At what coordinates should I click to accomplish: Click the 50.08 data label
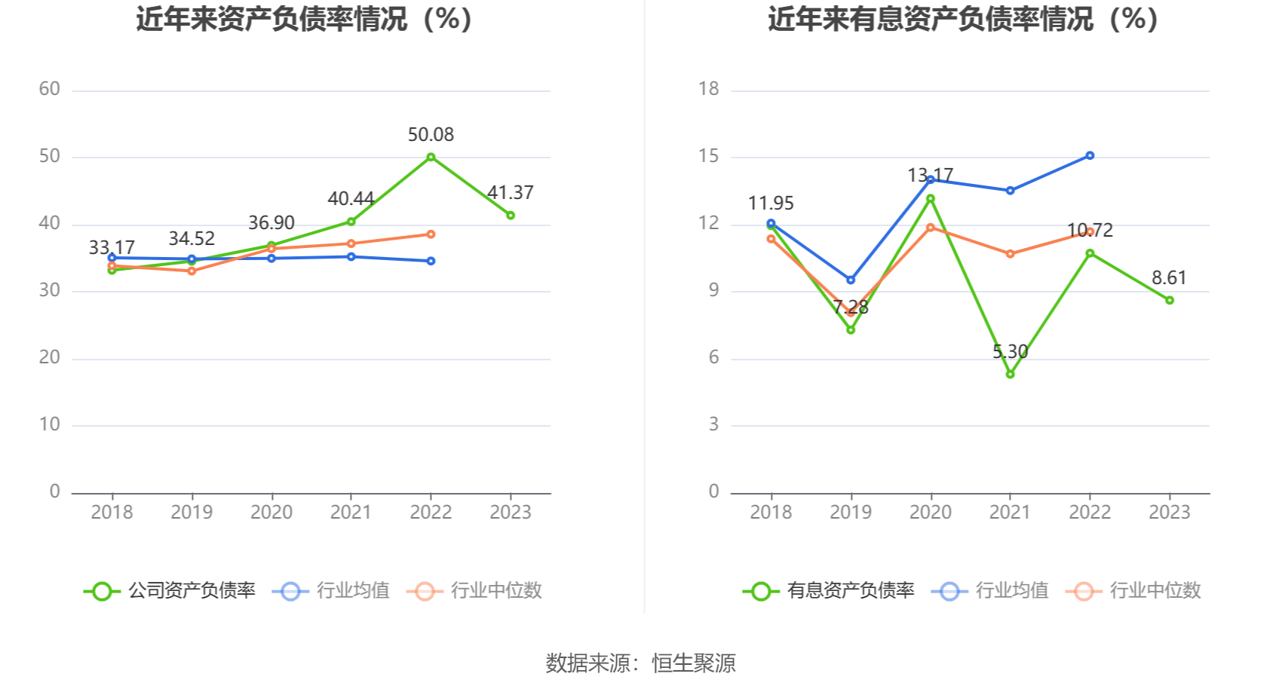431,135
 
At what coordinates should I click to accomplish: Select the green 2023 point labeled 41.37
511,216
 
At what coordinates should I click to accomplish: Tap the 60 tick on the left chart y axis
50,89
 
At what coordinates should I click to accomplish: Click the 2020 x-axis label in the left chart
271,513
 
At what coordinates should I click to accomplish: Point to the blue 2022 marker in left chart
431,261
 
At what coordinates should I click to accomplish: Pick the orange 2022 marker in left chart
431,234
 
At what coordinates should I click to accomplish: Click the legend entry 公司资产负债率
170,590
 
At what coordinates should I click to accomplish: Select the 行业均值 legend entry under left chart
332,590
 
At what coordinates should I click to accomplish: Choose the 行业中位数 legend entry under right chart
1133,590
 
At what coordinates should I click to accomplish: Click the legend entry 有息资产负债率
830,590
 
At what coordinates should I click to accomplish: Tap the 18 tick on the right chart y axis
709,89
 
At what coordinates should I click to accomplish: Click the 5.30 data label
1010,352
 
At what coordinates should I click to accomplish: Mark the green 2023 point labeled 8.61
1170,300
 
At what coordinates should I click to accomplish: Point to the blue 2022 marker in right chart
1090,155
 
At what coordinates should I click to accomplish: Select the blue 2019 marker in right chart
851,280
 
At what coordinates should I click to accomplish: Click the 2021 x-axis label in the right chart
1010,513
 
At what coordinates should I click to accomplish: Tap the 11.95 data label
771,204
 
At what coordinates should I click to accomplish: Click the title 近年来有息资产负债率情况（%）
963,19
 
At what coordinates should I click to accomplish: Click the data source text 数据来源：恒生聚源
640,663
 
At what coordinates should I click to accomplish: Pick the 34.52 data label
192,239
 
